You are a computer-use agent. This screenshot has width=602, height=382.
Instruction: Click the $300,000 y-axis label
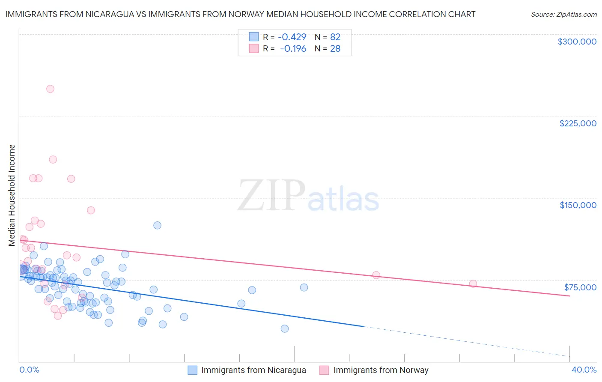click(x=577, y=42)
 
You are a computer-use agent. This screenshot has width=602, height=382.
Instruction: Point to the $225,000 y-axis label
click(x=578, y=123)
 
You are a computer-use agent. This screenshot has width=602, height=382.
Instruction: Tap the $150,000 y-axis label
click(x=578, y=205)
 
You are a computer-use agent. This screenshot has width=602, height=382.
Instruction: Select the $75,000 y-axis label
click(x=580, y=287)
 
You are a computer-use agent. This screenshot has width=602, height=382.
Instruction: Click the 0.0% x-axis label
click(x=29, y=370)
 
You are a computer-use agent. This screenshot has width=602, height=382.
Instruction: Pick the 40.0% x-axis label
click(x=584, y=370)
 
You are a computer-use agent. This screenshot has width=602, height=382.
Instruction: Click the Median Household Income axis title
click(x=12, y=195)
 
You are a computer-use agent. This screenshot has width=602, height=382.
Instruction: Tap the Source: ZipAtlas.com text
click(x=563, y=14)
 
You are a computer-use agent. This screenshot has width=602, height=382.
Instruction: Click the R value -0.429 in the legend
click(x=292, y=37)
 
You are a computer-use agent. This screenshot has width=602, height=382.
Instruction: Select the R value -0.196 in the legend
click(x=293, y=49)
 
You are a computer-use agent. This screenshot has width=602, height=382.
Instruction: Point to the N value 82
click(x=335, y=37)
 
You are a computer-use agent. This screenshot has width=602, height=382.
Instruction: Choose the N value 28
click(x=335, y=49)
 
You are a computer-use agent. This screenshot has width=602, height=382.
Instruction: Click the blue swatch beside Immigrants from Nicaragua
click(x=193, y=370)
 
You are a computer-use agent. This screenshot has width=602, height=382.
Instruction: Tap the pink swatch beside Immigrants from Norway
click(x=325, y=370)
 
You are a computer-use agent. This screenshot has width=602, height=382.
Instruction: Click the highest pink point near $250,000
click(x=50, y=89)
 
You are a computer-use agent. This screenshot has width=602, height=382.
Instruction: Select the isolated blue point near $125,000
click(x=157, y=225)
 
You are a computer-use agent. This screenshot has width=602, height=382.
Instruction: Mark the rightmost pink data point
click(x=473, y=284)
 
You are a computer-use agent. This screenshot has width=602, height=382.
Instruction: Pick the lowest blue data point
click(x=284, y=329)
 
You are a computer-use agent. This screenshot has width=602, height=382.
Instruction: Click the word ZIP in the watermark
click(x=271, y=196)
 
